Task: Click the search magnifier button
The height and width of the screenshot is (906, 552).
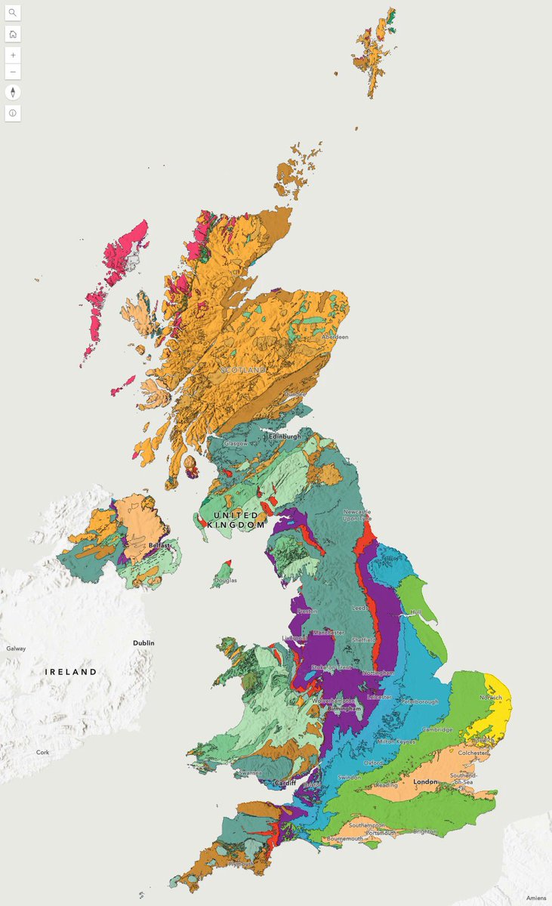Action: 13,13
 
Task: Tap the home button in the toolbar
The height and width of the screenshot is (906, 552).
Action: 13,34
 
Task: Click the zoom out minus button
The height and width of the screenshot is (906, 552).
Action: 13,72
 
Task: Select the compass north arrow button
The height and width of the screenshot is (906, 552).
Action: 13,93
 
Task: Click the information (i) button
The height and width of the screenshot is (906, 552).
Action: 13,113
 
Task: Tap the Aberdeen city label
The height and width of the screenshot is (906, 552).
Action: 335,337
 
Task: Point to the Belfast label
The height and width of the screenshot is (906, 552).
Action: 159,544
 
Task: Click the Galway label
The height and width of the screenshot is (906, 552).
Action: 16,649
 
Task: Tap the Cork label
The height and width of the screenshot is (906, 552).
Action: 43,753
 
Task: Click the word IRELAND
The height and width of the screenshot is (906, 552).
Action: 71,672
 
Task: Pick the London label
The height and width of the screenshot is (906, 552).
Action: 426,781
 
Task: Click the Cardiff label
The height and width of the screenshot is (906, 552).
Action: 285,782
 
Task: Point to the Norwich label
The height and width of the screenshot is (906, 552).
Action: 490,698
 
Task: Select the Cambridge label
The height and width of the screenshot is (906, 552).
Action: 437,730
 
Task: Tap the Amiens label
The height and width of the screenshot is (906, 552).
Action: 536,897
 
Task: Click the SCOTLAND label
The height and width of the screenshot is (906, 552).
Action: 243,370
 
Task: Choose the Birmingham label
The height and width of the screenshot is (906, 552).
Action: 344,710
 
